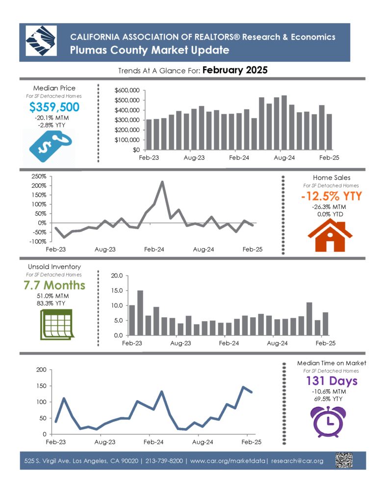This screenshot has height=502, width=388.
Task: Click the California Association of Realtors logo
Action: [x=41, y=41]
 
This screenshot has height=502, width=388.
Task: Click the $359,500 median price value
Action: [x=54, y=107]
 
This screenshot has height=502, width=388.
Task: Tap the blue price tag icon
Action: [x=50, y=146]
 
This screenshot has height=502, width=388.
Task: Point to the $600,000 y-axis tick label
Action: [x=127, y=90]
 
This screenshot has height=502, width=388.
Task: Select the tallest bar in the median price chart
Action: [x=284, y=123]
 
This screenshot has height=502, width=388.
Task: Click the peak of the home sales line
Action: [x=162, y=182]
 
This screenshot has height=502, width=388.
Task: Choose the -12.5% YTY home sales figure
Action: [x=332, y=196]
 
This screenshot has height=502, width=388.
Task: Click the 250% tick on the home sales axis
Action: [x=39, y=176]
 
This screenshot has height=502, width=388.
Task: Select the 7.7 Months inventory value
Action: [x=54, y=285]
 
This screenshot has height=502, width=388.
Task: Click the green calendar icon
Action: [x=57, y=325]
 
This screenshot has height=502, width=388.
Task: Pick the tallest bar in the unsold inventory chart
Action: [x=140, y=313]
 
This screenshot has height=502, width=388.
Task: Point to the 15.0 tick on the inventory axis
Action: [x=117, y=290]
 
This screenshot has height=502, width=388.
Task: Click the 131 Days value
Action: [x=332, y=380]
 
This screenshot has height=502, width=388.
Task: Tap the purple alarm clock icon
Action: [x=328, y=421]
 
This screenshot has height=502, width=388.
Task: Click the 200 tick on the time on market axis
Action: [x=41, y=370]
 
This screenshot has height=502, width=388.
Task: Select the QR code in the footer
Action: [x=344, y=460]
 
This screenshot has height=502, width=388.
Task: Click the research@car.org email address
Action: [x=297, y=461]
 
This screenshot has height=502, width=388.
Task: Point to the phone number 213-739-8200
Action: [x=164, y=461]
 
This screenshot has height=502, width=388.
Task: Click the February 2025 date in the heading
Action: [x=235, y=70]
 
